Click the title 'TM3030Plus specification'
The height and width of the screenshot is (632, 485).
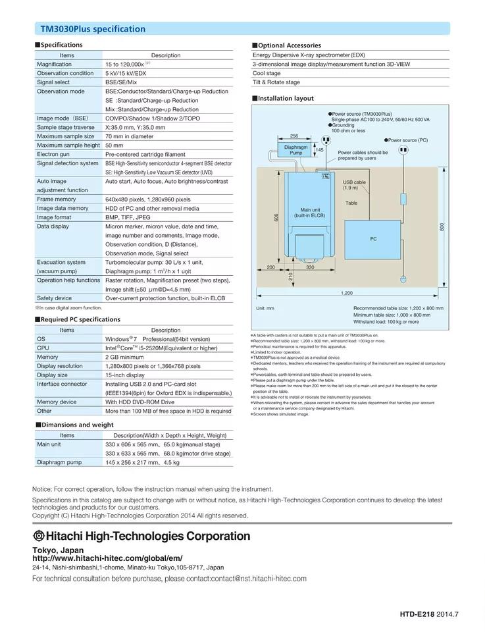coord(93,29)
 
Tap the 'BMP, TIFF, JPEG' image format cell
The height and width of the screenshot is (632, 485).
coord(128,217)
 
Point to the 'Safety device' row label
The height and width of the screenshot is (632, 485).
coord(54,298)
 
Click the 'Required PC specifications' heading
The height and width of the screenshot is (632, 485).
coord(71,319)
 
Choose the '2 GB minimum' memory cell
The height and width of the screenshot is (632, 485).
coord(124,357)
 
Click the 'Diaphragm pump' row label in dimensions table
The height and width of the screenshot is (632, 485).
coord(59,463)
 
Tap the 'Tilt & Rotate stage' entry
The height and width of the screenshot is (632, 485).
coord(276,82)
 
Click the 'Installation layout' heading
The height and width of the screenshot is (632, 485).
coord(286,98)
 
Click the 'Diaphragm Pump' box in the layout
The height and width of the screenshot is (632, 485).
coord(296,150)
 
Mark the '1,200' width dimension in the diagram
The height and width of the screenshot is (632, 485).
coord(346,292)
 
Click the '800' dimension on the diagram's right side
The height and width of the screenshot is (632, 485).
coord(442,226)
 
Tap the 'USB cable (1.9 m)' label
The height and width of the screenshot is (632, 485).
coord(354,184)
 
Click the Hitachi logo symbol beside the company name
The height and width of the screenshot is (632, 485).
coord(39,536)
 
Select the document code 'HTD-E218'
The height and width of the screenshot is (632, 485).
coord(417,614)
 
